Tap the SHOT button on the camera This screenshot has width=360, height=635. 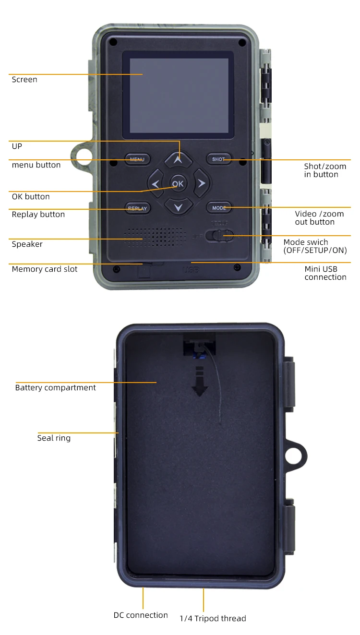click(x=218, y=159)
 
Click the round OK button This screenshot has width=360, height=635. click(x=178, y=183)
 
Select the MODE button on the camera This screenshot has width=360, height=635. click(x=219, y=208)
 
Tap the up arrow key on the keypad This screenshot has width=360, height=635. click(x=178, y=159)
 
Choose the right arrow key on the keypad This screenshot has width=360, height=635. click(x=202, y=183)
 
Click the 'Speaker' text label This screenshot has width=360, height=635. click(x=27, y=244)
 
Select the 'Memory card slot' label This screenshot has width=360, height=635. click(x=45, y=269)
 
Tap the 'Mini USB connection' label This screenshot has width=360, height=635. click(x=325, y=273)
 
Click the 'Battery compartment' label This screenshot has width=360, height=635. click(x=56, y=388)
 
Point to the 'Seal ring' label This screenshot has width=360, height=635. click(x=54, y=438)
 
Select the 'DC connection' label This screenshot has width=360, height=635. click(x=141, y=615)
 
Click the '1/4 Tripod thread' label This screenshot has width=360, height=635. click(x=213, y=619)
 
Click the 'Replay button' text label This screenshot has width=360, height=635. click(x=38, y=215)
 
